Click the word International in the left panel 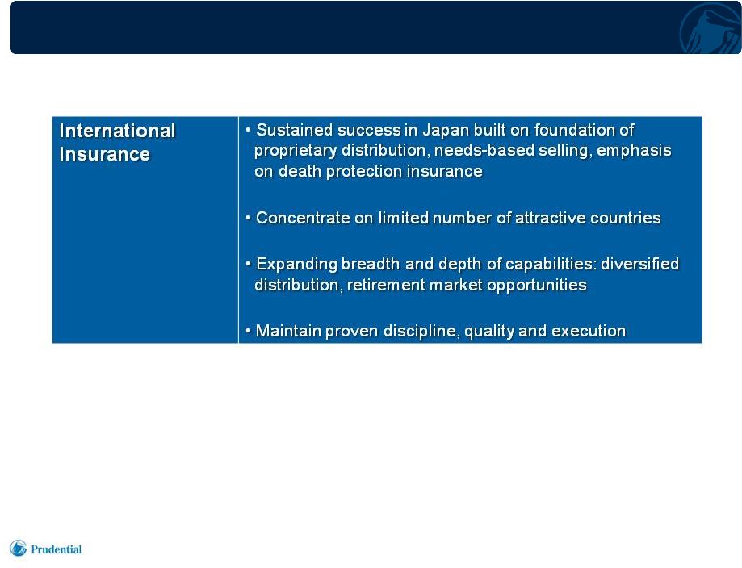pyautogui.click(x=117, y=131)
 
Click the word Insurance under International pyautogui.click(x=105, y=154)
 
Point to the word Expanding pyautogui.click(x=296, y=265)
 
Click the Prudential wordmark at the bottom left pyautogui.click(x=56, y=549)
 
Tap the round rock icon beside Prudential pyautogui.click(x=18, y=548)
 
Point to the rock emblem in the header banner pyautogui.click(x=710, y=28)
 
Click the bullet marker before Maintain pyautogui.click(x=248, y=331)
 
